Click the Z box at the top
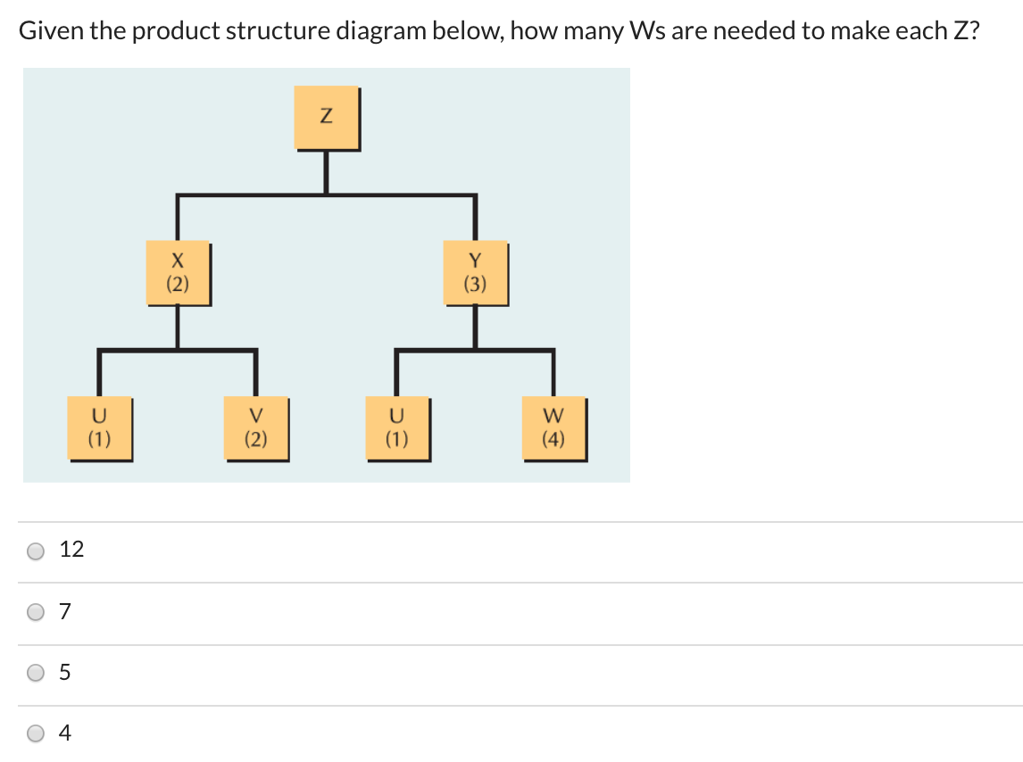point(326,117)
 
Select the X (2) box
point(178,272)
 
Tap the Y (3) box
point(475,272)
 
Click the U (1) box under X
point(99,427)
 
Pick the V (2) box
point(256,427)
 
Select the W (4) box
point(553,427)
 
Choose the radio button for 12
point(36,551)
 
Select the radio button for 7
point(36,612)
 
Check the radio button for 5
point(36,673)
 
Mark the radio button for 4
point(36,733)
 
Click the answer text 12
point(71,550)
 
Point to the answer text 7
point(64,611)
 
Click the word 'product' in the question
point(177,32)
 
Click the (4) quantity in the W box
point(553,438)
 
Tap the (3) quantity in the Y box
point(475,284)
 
